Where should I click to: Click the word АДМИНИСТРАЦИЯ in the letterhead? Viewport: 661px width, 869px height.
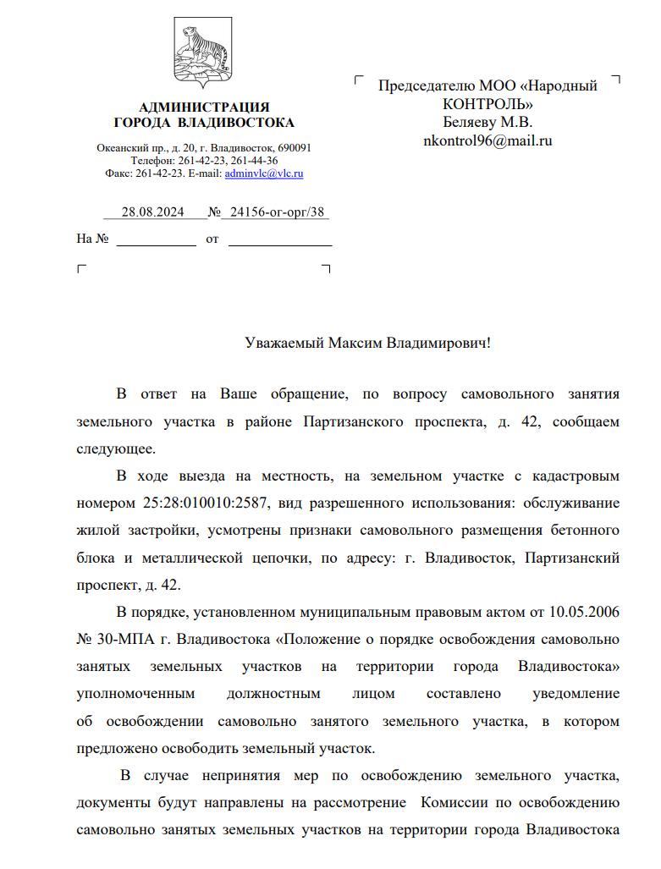[x=204, y=107]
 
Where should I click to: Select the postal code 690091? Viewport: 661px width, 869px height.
[x=295, y=147]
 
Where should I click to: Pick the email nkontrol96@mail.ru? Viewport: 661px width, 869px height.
[x=487, y=140]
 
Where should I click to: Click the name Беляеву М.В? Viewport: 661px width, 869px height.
[x=487, y=122]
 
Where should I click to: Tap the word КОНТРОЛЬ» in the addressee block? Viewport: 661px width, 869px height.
[x=487, y=104]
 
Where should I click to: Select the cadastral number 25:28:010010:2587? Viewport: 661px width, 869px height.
[x=201, y=503]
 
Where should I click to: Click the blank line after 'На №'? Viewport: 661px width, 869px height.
[x=155, y=240]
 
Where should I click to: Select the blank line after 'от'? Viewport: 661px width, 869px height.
[x=280, y=240]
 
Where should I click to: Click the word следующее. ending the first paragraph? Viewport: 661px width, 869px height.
[x=116, y=448]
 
